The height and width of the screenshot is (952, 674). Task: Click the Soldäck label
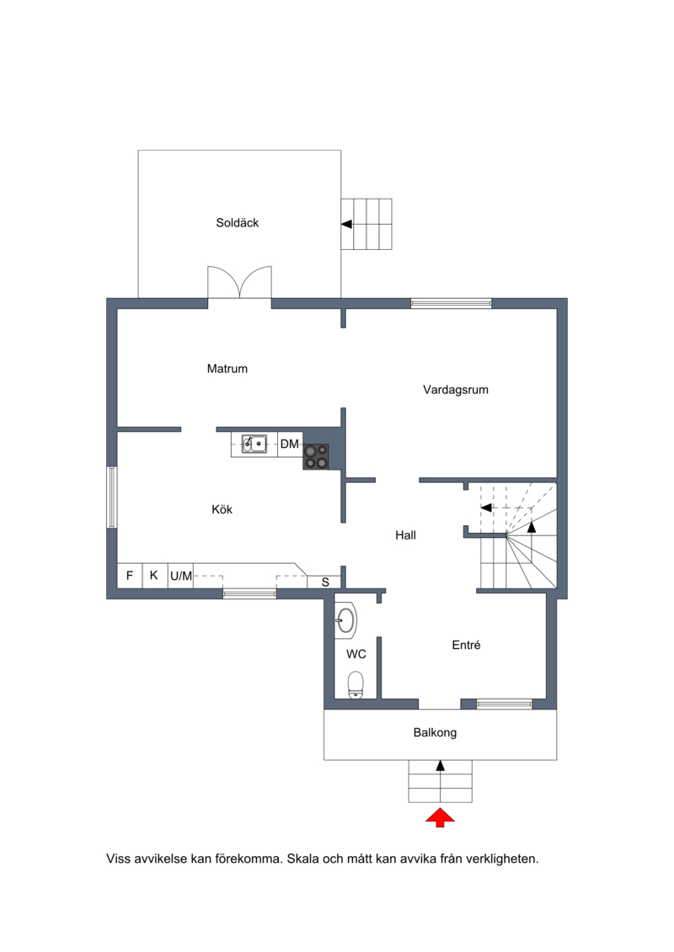237,223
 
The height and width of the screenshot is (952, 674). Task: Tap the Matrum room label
227,369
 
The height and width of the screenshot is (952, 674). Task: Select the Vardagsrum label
456,390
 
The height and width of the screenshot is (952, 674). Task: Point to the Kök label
222,509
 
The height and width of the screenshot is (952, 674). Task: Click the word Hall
405,535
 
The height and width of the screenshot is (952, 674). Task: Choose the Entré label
466,645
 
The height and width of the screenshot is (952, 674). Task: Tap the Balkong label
436,733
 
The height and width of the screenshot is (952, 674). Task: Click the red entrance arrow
440,817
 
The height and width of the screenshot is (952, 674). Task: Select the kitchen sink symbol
254,444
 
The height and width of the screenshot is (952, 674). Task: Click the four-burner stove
316,456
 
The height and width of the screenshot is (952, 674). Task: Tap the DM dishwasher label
289,444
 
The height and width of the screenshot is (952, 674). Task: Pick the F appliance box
130,576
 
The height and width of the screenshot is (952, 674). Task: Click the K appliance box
154,576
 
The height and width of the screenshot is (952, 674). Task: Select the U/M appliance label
181,577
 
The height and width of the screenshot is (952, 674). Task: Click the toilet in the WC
356,685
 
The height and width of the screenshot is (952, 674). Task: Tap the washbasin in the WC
345,620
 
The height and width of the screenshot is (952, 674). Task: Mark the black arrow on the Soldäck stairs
346,224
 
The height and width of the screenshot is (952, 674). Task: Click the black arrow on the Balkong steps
441,766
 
